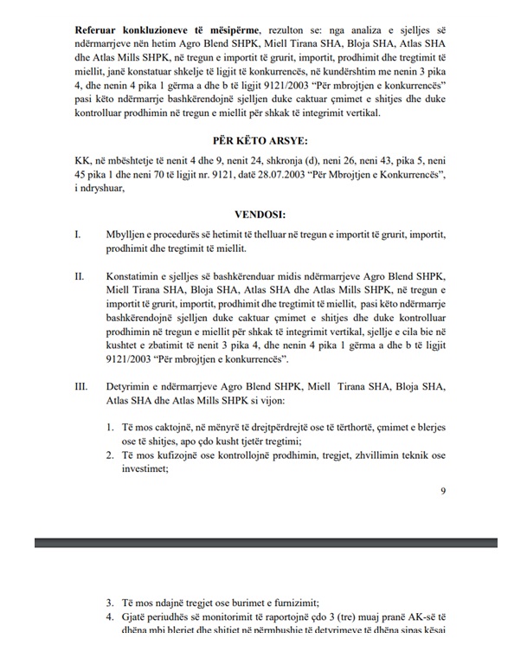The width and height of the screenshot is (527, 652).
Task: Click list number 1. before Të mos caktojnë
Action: click(111, 427)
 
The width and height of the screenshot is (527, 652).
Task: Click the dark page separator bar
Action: click(263, 543)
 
